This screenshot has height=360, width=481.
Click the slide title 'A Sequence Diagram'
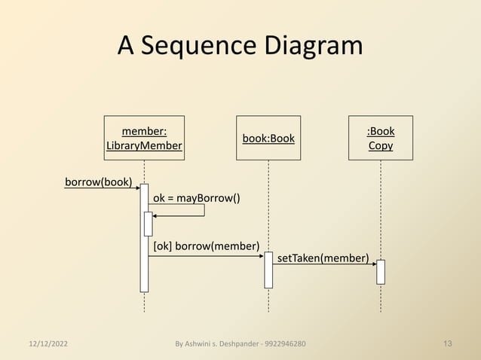[240, 47]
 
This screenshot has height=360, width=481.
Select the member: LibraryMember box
[144, 138]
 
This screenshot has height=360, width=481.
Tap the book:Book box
[268, 138]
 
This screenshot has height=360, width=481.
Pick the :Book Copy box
[380, 138]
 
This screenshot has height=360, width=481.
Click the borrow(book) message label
[98, 182]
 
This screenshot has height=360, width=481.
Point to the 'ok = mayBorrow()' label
[197, 198]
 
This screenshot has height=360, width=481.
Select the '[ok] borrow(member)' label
[206, 246]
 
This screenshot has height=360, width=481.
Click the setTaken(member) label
[323, 258]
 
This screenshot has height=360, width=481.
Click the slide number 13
[448, 344]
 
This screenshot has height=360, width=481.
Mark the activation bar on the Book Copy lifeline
[381, 272]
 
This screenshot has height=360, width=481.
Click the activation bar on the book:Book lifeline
[268, 270]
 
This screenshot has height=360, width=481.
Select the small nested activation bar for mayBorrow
[149, 224]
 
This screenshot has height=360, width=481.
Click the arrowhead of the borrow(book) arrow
[136, 188]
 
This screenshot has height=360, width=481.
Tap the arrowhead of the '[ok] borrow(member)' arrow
[260, 256]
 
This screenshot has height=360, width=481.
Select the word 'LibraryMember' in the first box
[144, 145]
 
